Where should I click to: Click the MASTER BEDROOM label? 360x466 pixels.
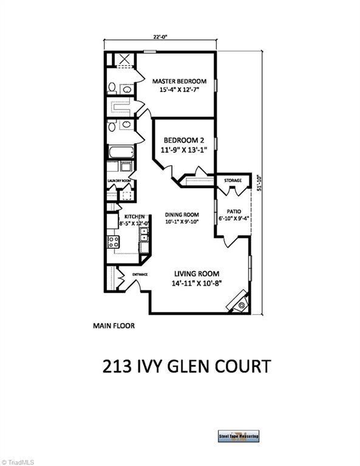(x=179, y=81)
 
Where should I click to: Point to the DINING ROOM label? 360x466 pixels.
(x=183, y=214)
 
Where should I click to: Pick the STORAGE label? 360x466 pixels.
(x=233, y=181)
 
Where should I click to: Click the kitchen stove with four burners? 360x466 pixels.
(x=114, y=242)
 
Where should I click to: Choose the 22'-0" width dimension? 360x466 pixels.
(x=160, y=36)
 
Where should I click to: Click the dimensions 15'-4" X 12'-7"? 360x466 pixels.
(x=179, y=90)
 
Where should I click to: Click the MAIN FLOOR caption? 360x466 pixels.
(x=114, y=325)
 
